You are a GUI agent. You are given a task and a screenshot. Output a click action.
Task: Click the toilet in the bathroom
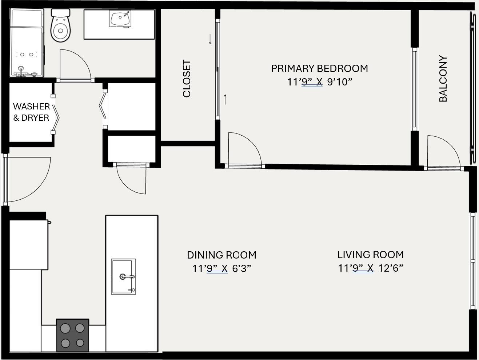[60, 26]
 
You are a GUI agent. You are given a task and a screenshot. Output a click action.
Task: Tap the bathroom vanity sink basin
[120, 18]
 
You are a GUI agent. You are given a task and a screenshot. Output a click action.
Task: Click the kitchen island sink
[123, 276]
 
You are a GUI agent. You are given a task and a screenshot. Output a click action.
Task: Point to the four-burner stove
[72, 335]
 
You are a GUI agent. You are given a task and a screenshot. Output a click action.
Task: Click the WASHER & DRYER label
[31, 112]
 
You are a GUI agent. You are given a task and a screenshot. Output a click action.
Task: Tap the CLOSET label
[187, 79]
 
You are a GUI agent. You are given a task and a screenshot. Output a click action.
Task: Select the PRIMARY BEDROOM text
[319, 68]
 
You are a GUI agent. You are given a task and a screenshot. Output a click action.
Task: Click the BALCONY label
[443, 79]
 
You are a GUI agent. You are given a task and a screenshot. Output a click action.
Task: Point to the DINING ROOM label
[221, 255]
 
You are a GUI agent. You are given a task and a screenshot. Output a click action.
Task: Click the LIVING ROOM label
[370, 255]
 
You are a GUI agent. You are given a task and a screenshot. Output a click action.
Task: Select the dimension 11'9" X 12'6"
[370, 268]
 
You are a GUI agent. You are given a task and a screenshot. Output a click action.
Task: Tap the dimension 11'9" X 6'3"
[221, 269]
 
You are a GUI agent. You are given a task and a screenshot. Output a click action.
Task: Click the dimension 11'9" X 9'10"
[319, 82]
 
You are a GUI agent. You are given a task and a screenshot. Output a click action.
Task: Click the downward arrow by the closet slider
[210, 39]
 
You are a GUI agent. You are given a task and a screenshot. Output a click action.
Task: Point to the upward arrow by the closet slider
[225, 99]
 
